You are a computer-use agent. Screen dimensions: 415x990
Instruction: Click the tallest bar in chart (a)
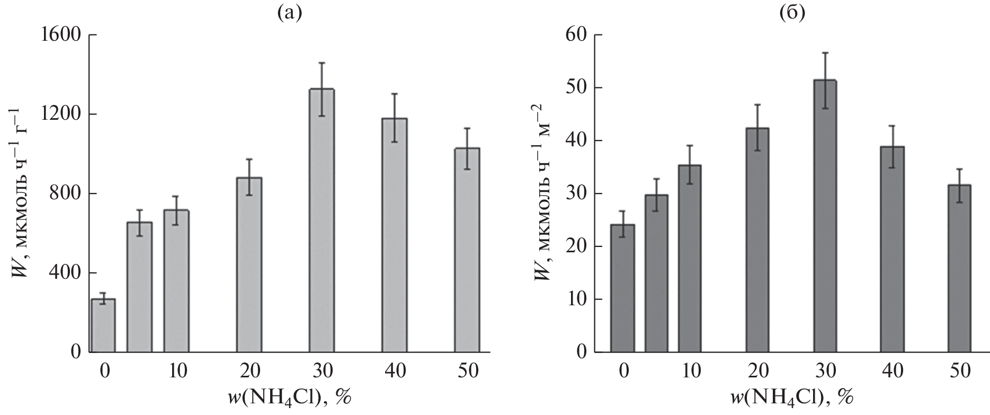coord(321,220)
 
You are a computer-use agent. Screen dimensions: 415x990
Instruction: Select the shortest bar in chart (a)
coord(103,325)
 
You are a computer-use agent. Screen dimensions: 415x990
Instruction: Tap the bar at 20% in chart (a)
coord(249,264)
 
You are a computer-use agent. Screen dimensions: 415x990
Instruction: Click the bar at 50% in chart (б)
coord(959,268)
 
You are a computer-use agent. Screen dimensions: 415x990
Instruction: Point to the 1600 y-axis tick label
coord(58,36)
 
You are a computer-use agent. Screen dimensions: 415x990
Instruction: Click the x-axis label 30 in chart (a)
coord(322,370)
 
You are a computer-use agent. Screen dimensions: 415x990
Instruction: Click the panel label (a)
coord(289,12)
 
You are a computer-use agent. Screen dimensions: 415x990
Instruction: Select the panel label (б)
coord(792,12)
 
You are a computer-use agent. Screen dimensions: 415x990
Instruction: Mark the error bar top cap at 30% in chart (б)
coord(825,52)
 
